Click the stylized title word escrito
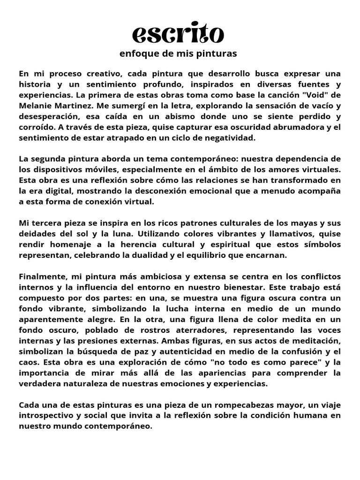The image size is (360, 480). click(x=178, y=34)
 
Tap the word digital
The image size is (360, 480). click(x=55, y=191)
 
